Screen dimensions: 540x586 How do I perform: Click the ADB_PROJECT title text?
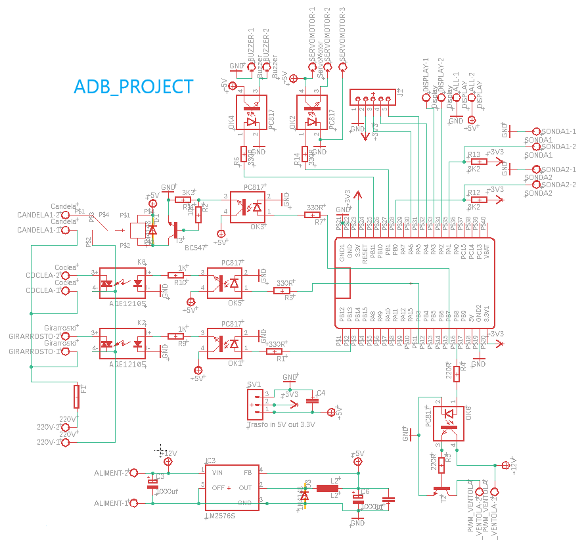click(133, 87)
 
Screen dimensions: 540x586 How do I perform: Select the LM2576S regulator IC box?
click(234, 488)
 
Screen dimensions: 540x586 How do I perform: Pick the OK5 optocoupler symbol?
click(225, 282)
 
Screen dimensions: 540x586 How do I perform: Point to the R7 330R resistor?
click(313, 215)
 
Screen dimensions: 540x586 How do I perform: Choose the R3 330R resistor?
click(282, 290)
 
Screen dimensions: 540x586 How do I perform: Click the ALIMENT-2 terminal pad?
click(133, 472)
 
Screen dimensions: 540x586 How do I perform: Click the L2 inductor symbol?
click(327, 488)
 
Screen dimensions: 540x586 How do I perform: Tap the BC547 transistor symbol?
click(174, 229)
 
